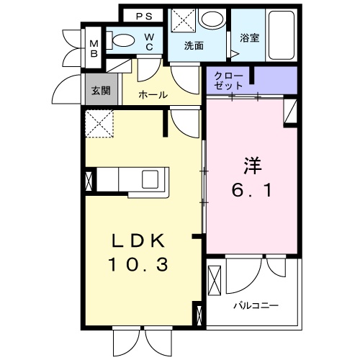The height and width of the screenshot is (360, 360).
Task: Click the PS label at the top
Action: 144,16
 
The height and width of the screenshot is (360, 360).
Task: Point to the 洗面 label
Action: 194,45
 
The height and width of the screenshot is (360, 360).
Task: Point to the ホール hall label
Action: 153,95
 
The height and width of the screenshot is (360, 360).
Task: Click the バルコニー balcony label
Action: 255,305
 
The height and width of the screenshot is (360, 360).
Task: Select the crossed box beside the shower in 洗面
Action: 181,19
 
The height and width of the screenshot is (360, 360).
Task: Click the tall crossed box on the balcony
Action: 214,281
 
